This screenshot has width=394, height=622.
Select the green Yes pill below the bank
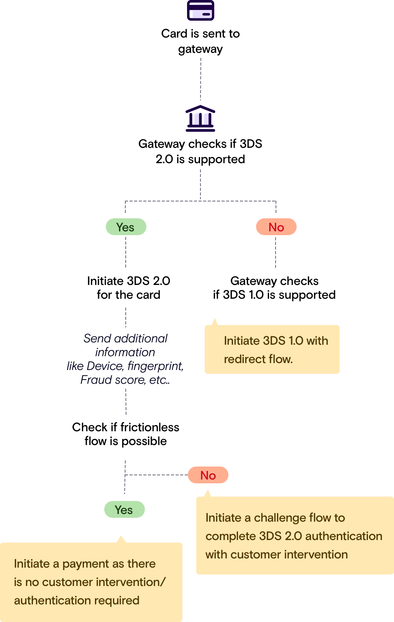click(126, 227)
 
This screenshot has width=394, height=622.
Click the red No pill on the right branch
click(276, 227)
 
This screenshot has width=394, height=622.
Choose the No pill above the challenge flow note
click(208, 475)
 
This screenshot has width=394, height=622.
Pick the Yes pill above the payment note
click(124, 510)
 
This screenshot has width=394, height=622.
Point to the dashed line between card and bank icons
click(200, 79)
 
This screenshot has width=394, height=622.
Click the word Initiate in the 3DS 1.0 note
click(242, 341)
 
